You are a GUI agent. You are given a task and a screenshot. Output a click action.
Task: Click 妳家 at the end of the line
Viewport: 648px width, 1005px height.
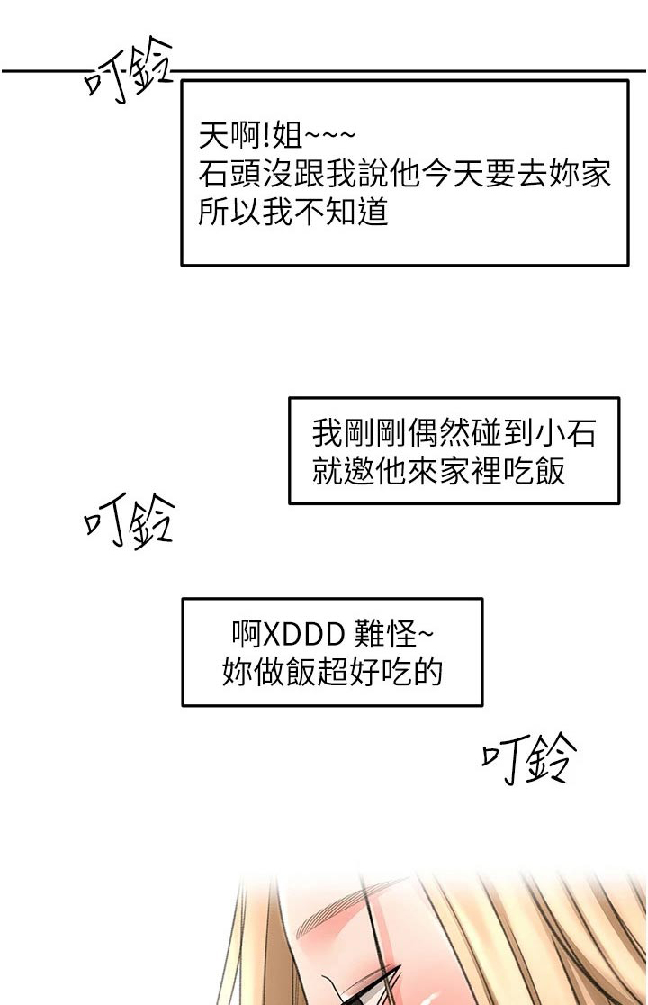tap(582, 174)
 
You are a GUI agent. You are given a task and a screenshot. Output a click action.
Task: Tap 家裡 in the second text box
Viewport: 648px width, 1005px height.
tap(470, 472)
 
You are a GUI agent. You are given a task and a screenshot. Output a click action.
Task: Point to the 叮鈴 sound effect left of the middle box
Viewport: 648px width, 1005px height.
tap(129, 521)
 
